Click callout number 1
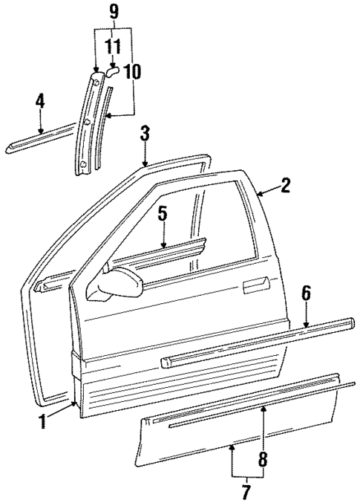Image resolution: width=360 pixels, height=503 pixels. (43, 421)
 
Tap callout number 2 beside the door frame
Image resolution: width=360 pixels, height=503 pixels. (285, 186)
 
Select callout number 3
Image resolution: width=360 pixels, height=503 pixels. (145, 134)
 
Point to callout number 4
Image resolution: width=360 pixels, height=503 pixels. (41, 102)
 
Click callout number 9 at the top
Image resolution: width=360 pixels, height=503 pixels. (113, 12)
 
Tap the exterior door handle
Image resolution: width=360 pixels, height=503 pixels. (256, 283)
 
